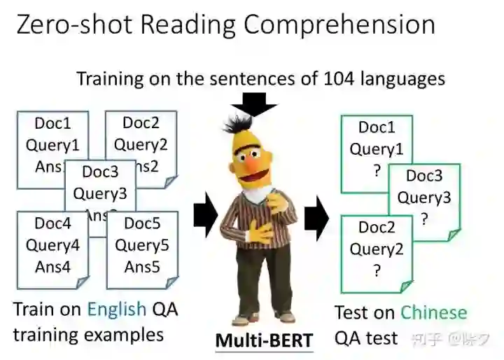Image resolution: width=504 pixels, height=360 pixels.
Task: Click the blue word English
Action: (x=116, y=310)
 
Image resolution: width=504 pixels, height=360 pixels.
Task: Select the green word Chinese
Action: (x=433, y=312)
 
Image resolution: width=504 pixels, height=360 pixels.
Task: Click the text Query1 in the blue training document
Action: (x=52, y=146)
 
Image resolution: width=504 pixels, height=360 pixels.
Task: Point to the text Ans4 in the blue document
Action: (x=52, y=266)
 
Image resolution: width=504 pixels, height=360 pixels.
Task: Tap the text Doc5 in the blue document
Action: (x=142, y=224)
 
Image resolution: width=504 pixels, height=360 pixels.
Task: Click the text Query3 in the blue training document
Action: (x=100, y=193)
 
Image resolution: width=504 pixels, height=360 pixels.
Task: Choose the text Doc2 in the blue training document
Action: (x=141, y=123)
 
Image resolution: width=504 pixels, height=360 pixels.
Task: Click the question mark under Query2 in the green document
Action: (x=377, y=271)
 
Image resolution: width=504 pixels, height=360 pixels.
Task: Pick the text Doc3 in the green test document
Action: (x=424, y=176)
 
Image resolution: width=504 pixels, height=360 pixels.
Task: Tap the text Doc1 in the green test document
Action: (x=377, y=127)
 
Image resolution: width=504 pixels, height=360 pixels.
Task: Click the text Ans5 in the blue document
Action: (x=142, y=266)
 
